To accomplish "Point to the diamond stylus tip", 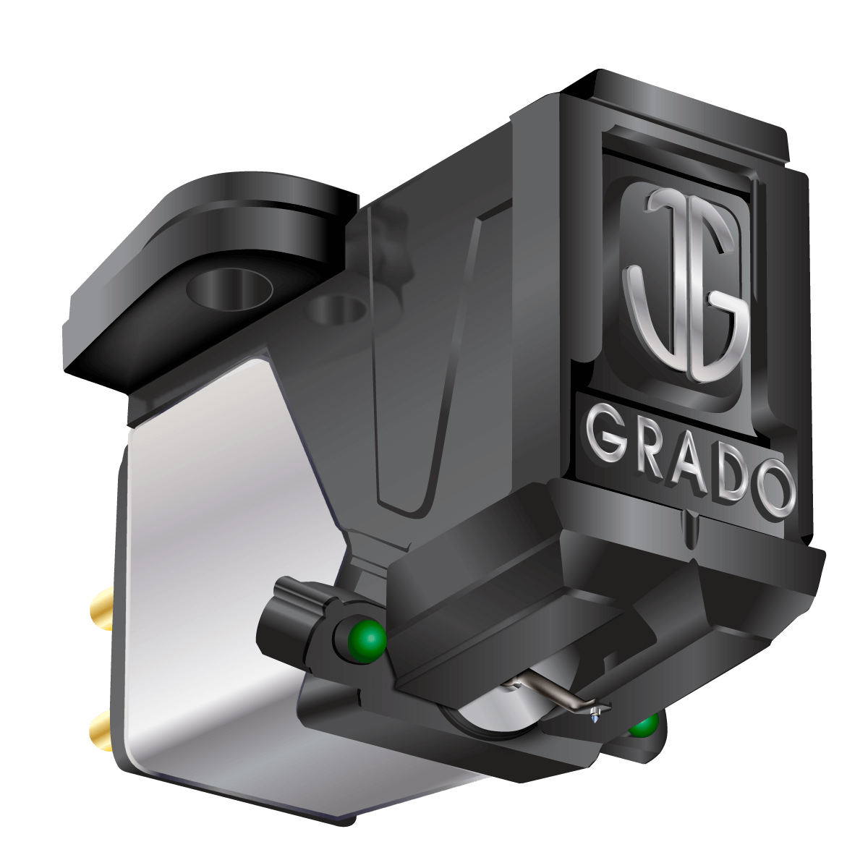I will [595, 716].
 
